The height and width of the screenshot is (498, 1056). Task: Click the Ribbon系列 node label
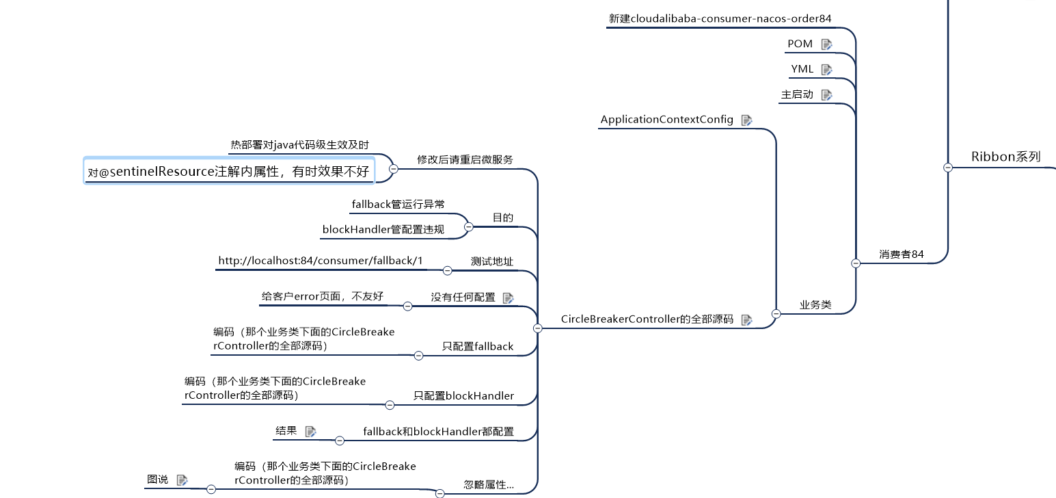pyautogui.click(x=1005, y=157)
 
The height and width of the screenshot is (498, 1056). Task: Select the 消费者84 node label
pyautogui.click(x=901, y=254)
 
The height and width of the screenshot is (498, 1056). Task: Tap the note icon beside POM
pyautogui.click(x=826, y=44)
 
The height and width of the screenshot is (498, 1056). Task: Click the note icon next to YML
pyautogui.click(x=826, y=69)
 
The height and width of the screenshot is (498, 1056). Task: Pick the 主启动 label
pyautogui.click(x=797, y=94)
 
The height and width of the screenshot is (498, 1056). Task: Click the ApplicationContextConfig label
pyautogui.click(x=666, y=120)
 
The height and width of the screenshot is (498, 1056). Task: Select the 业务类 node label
pyautogui.click(x=815, y=305)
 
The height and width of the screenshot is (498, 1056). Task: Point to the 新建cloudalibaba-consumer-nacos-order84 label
pyautogui.click(x=720, y=18)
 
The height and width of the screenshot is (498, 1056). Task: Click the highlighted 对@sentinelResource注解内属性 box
pyautogui.click(x=229, y=172)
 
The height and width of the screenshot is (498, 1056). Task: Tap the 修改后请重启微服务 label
pyautogui.click(x=465, y=159)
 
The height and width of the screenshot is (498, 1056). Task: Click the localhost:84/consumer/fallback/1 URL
pyautogui.click(x=321, y=261)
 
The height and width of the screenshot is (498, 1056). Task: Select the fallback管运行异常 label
pyautogui.click(x=398, y=204)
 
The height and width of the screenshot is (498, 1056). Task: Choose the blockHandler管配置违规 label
pyautogui.click(x=383, y=230)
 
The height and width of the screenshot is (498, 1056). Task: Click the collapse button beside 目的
pyautogui.click(x=468, y=226)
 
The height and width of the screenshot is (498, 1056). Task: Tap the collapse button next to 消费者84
pyautogui.click(x=855, y=263)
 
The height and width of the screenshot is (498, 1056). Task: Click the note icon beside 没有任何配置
pyautogui.click(x=508, y=298)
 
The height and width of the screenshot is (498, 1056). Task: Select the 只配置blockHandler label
pyautogui.click(x=463, y=395)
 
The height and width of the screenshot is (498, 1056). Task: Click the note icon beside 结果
pyautogui.click(x=310, y=431)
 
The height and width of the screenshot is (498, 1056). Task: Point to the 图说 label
pyautogui.click(x=157, y=480)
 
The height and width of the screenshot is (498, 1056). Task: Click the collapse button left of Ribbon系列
pyautogui.click(x=947, y=168)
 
